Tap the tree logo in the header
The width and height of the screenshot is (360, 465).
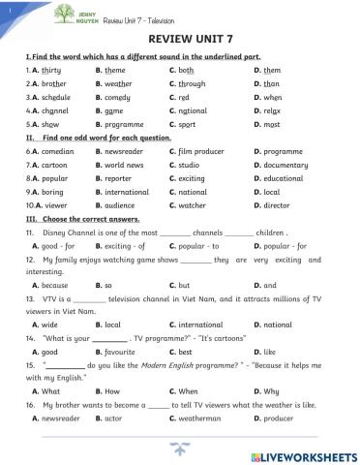point(64,14)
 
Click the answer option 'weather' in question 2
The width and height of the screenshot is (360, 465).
point(120,84)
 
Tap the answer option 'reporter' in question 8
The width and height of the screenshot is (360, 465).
point(122,179)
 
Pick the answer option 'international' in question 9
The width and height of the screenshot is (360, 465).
point(128,193)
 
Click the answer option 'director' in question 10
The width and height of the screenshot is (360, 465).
point(275,206)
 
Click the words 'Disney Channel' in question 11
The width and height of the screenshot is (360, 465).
point(69,233)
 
